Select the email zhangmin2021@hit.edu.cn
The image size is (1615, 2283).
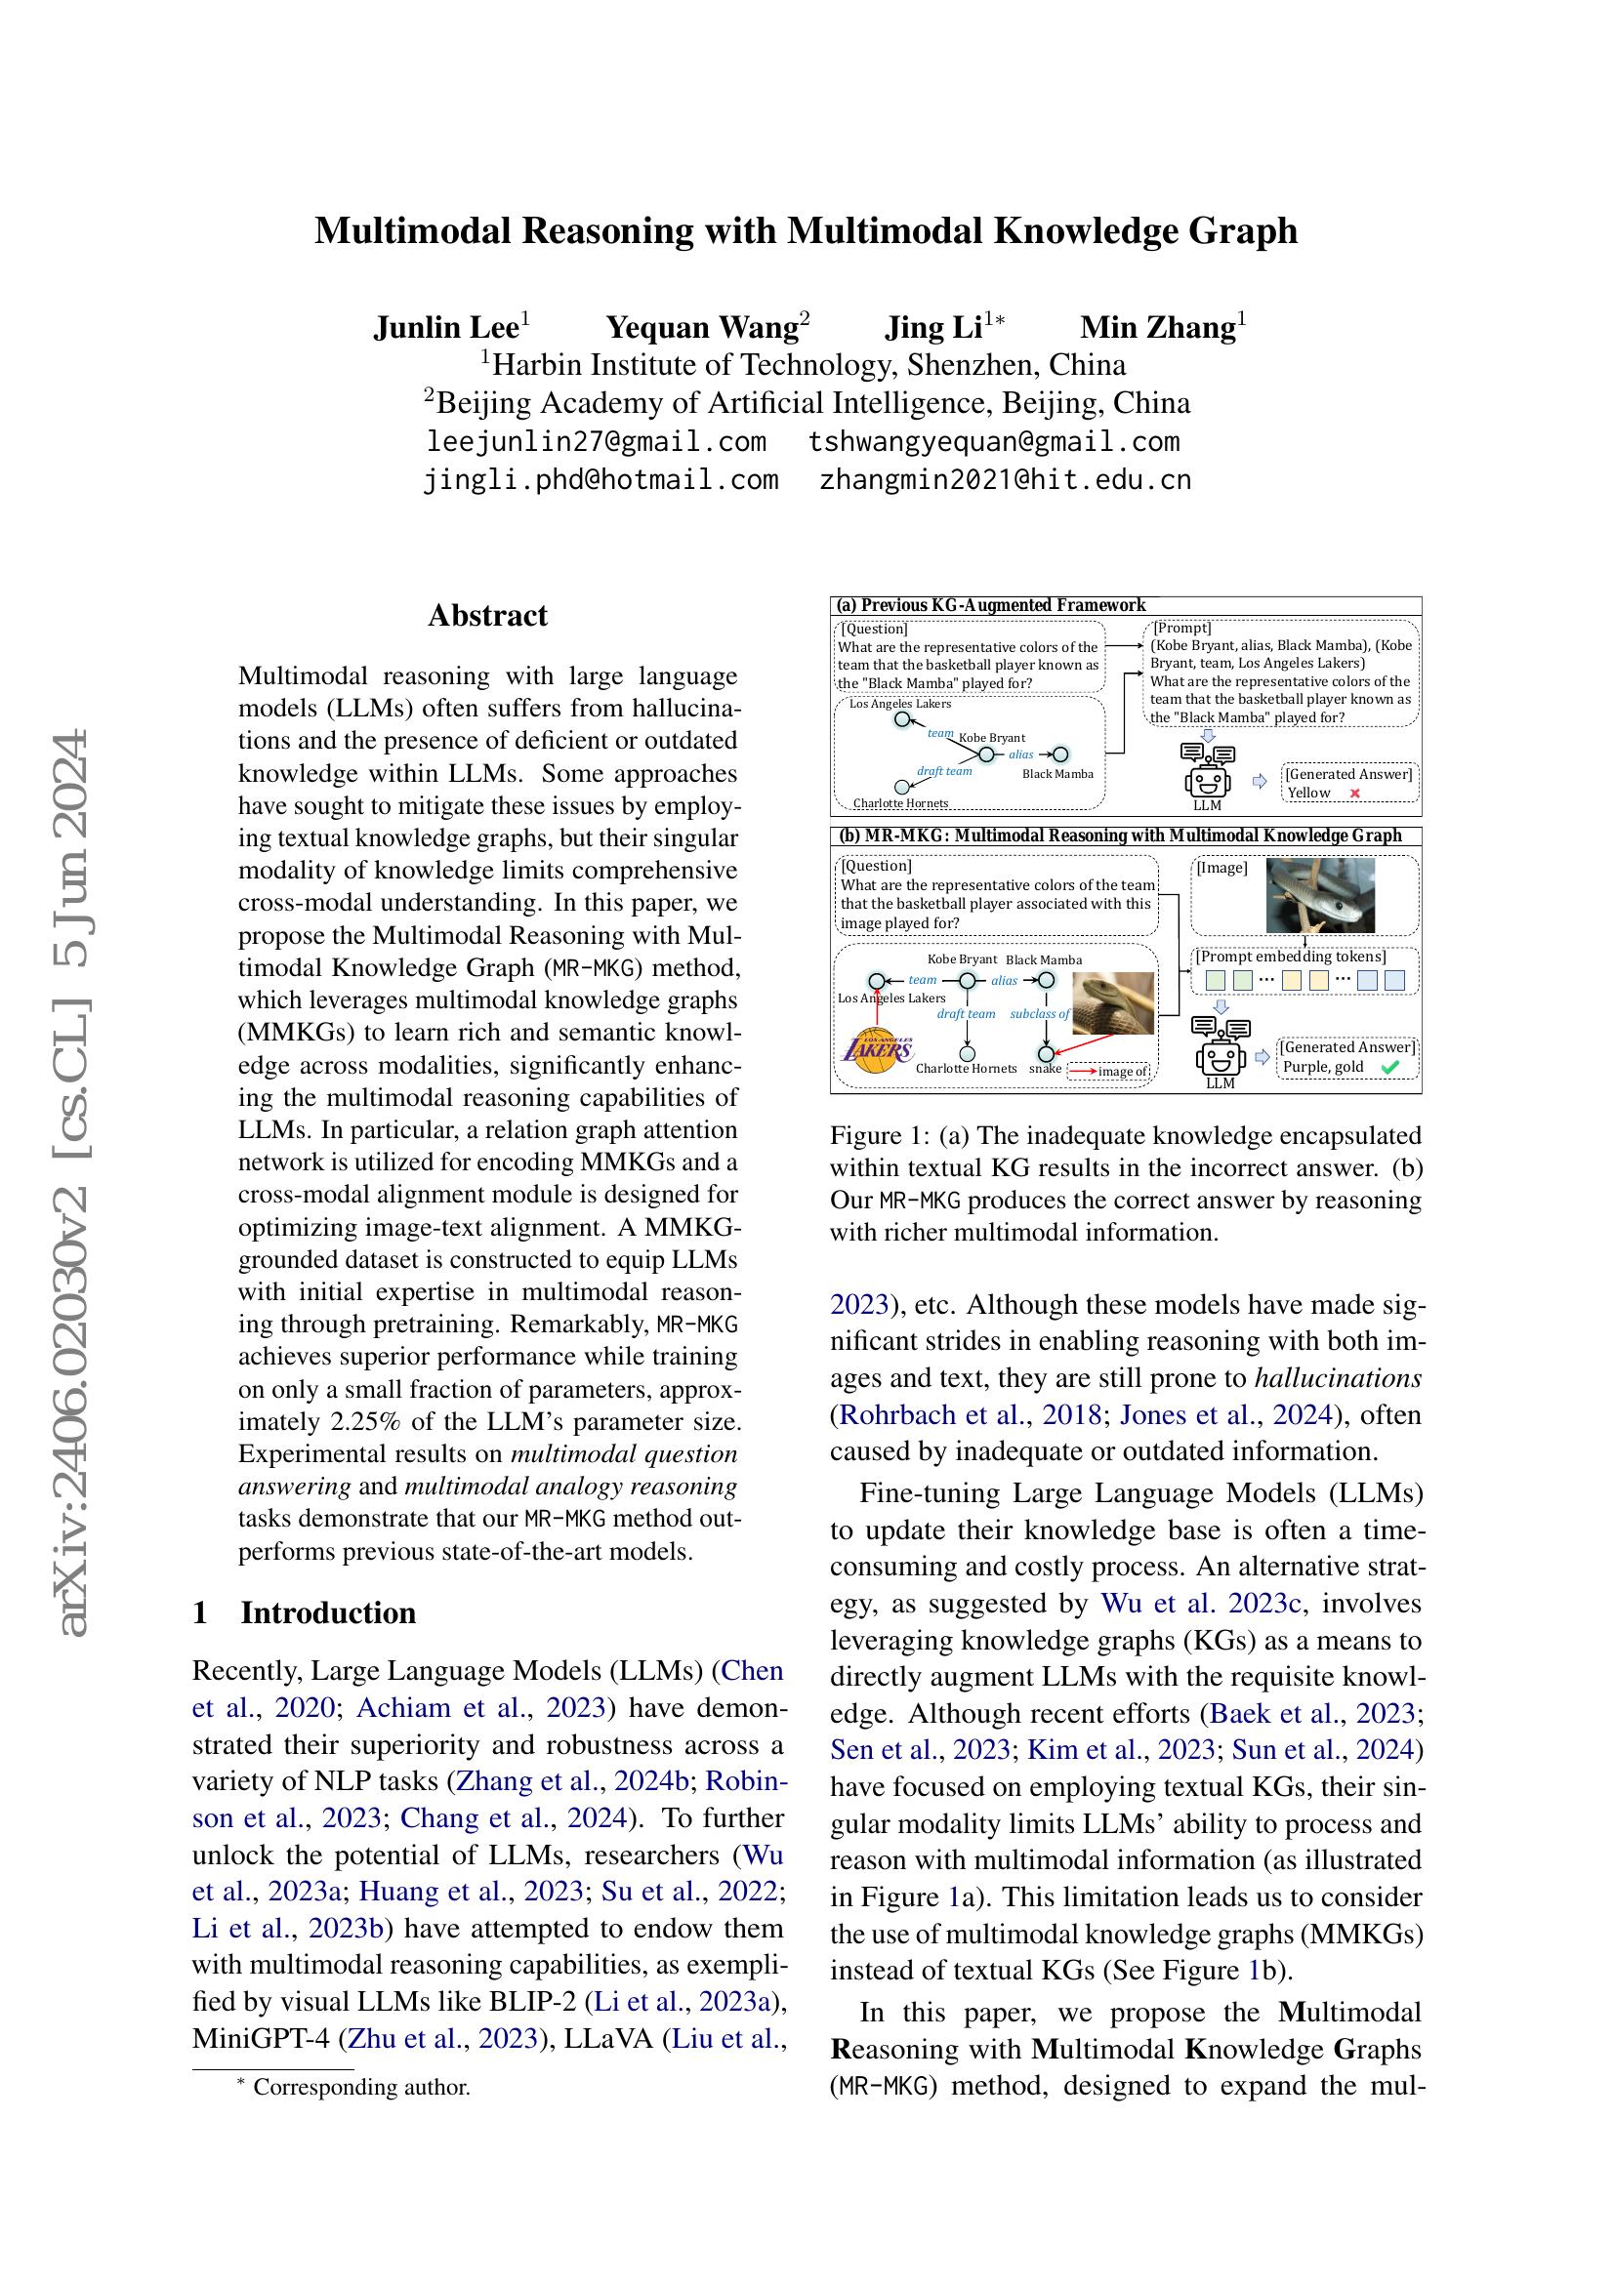click(x=1005, y=480)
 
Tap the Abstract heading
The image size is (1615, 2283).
click(x=487, y=616)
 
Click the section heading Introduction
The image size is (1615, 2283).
click(x=328, y=1611)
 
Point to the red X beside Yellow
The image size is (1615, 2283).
click(x=1353, y=794)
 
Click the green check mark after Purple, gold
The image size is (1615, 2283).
click(x=1390, y=1068)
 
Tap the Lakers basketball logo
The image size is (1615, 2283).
click(x=876, y=1050)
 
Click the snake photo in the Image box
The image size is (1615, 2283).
click(x=1320, y=896)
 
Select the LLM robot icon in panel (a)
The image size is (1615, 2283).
click(x=1207, y=772)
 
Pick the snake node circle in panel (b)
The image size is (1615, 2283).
click(x=1045, y=1053)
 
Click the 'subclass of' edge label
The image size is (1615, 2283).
click(x=1039, y=1014)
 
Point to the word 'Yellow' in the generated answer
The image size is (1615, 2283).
click(x=1308, y=793)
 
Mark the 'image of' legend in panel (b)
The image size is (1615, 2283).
click(x=1110, y=1071)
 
